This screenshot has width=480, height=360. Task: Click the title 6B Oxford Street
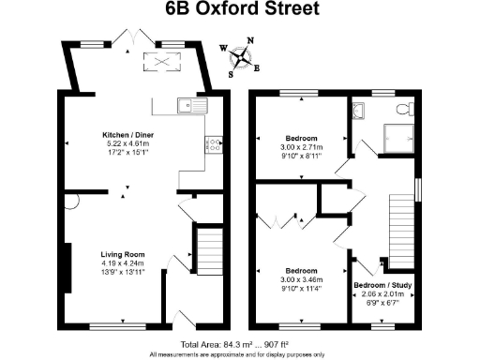tap(240, 10)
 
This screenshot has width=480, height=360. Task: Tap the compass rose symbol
tap(242, 58)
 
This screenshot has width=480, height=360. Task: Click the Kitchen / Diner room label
tap(127, 135)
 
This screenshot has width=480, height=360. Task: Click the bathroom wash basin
tap(359, 111)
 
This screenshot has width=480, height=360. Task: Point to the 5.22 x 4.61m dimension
tap(127, 143)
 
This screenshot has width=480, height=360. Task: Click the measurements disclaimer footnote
tap(240, 354)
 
